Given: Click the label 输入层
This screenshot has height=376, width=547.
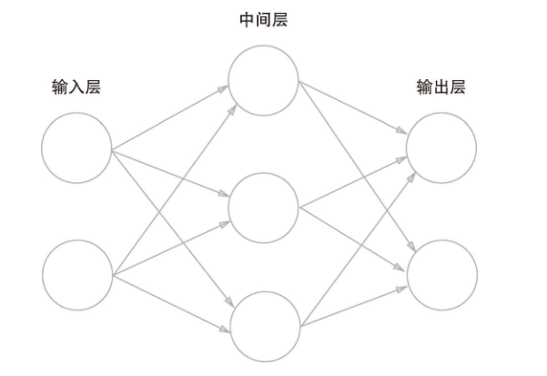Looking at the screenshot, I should [x=76, y=87].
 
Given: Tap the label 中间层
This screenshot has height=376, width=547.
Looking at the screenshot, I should [x=263, y=18].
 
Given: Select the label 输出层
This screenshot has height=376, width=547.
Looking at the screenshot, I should [x=441, y=87].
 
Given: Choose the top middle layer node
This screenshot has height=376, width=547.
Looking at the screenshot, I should [x=264, y=80].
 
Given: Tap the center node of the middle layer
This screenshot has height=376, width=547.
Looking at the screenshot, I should [x=264, y=208].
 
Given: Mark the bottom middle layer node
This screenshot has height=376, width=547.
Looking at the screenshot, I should [x=264, y=326].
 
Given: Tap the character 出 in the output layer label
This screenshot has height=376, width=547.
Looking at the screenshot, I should [x=441, y=87].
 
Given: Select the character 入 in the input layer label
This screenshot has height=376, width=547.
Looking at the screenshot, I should [x=76, y=87].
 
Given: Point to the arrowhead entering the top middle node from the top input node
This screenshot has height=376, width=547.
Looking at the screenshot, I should [x=225, y=90].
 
